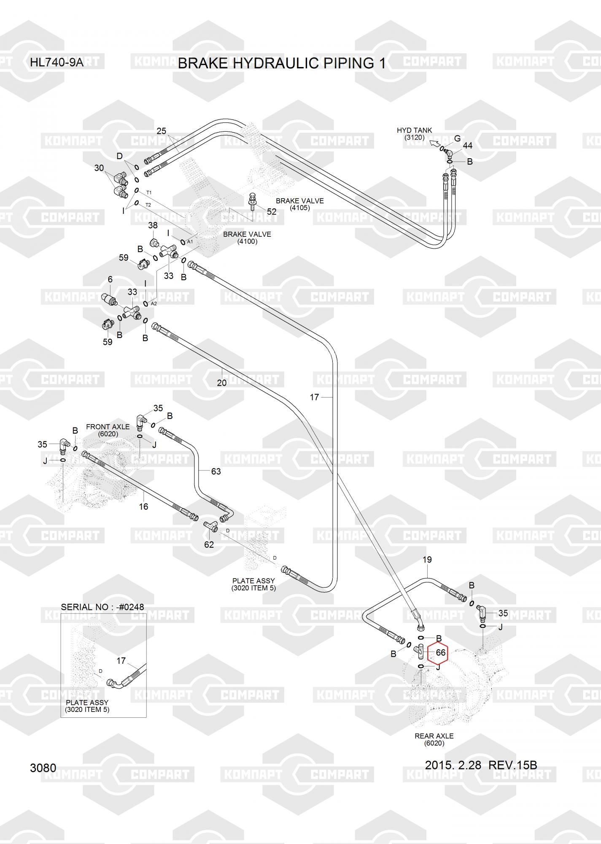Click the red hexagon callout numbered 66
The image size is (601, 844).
pyautogui.click(x=438, y=652)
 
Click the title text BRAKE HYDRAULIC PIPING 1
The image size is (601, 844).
pyautogui.click(x=281, y=63)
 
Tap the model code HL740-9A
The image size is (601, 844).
pyautogui.click(x=57, y=63)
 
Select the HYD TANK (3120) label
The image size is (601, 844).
pyautogui.click(x=414, y=134)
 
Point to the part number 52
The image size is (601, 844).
pyautogui.click(x=272, y=211)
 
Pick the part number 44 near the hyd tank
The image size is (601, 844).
pyautogui.click(x=467, y=146)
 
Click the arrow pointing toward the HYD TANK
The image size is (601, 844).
pyautogui.click(x=434, y=144)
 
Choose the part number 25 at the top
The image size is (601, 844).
pyautogui.click(x=162, y=131)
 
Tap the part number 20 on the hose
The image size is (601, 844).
pyautogui.click(x=221, y=383)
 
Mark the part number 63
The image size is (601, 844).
pyautogui.click(x=216, y=471)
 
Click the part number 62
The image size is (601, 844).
pyautogui.click(x=209, y=544)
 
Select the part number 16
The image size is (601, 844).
pyautogui.click(x=143, y=506)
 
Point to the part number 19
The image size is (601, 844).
pyautogui.click(x=427, y=560)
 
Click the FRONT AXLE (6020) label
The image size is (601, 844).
pyautogui.click(x=108, y=430)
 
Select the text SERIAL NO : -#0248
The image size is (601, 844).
pyautogui.click(x=102, y=607)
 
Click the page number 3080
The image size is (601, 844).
pyautogui.click(x=43, y=768)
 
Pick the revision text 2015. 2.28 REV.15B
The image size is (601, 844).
pyautogui.click(x=481, y=765)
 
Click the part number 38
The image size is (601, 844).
pyautogui.click(x=153, y=226)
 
